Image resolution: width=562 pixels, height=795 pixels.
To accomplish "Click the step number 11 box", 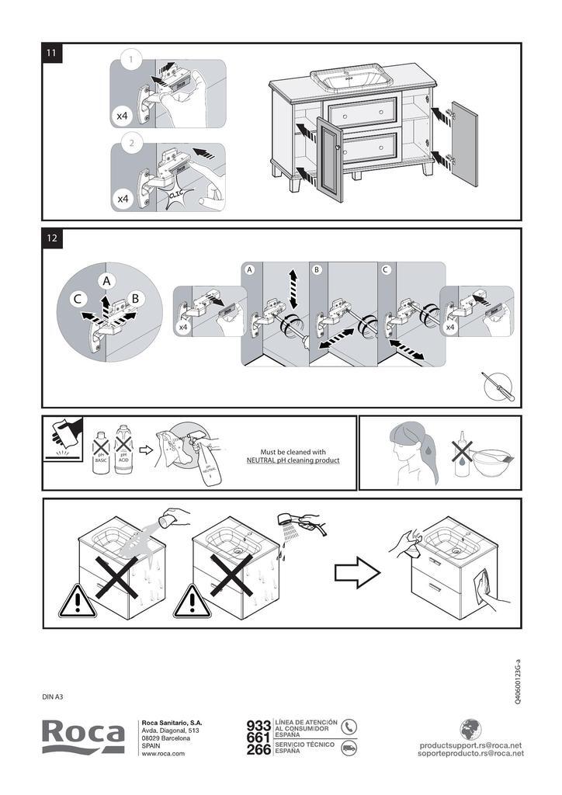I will [51, 53].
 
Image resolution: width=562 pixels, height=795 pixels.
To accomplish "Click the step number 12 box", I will [51, 238].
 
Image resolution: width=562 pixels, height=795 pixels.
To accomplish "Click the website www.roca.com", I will [163, 754].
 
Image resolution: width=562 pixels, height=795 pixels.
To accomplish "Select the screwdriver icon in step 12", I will [497, 385].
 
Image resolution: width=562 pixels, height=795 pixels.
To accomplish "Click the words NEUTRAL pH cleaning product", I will [293, 460].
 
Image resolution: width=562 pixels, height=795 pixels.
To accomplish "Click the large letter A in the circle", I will [106, 280].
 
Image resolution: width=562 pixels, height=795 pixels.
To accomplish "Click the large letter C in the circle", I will [78, 299].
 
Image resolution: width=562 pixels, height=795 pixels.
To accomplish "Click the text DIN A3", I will [53, 696].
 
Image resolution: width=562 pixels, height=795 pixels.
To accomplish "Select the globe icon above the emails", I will [470, 729].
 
